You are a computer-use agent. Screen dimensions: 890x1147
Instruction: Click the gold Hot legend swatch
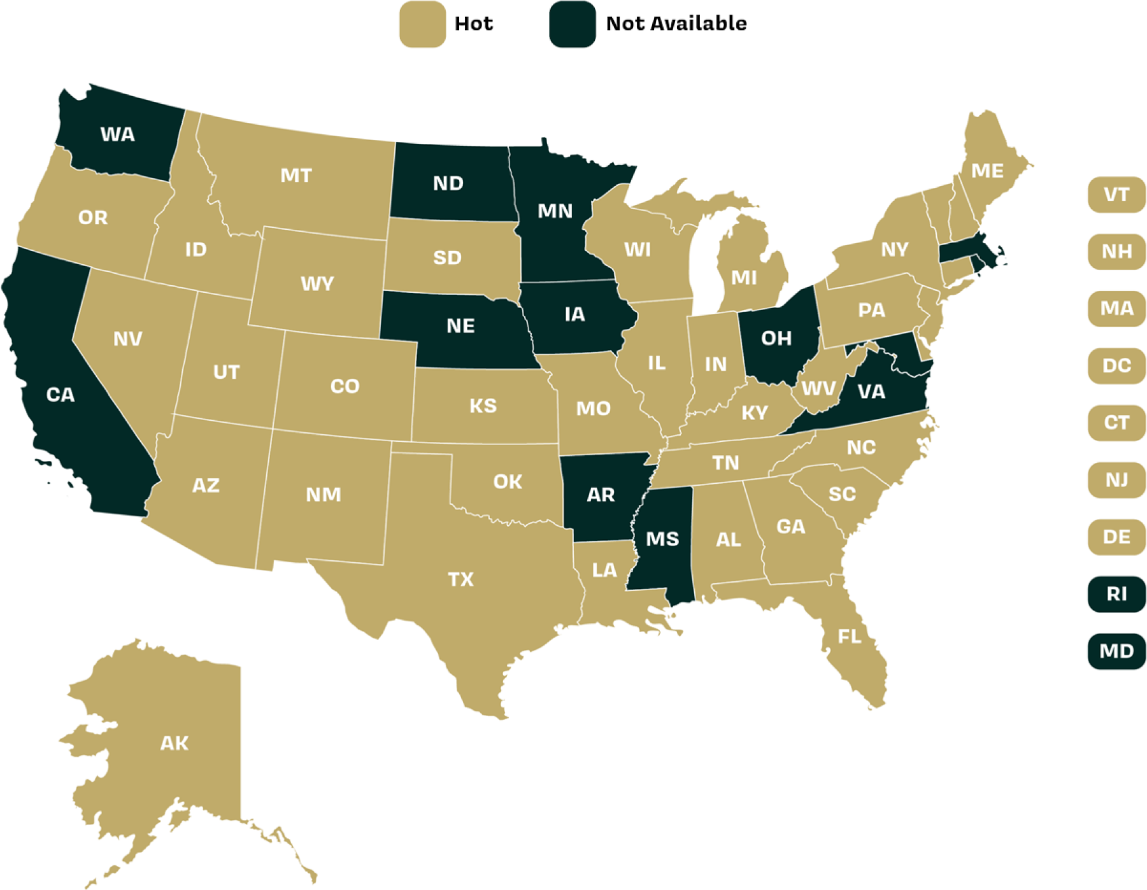tap(422, 24)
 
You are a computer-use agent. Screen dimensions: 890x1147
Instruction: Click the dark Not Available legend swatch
tap(572, 24)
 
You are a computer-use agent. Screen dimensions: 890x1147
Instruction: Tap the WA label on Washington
tap(118, 134)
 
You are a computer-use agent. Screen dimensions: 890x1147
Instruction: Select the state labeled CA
tap(61, 395)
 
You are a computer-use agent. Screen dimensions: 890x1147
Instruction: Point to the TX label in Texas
tap(460, 579)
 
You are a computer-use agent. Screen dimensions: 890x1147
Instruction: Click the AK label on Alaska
tap(174, 743)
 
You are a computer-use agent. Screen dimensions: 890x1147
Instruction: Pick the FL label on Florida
tap(850, 636)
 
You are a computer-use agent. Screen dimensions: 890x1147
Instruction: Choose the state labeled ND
tap(448, 183)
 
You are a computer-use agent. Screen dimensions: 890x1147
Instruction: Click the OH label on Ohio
tap(776, 338)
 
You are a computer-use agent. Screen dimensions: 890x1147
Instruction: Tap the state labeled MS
tap(662, 539)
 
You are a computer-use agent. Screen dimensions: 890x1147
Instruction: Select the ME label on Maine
tap(987, 171)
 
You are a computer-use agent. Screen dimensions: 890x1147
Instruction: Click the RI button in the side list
tap(1116, 594)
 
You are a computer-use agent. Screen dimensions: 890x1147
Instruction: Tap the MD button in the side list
tap(1116, 651)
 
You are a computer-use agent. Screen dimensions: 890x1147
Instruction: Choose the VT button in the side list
tap(1116, 194)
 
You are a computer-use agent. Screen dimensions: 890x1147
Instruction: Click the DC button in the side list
tap(1116, 365)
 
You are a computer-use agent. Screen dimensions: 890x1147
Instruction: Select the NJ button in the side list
tap(1116, 479)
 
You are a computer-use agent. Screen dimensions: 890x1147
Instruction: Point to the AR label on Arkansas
tap(601, 495)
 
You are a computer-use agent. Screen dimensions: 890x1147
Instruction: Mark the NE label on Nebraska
tap(460, 326)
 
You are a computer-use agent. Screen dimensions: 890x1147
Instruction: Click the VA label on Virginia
tap(871, 392)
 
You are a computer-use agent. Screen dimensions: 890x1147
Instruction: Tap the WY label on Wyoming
tap(317, 283)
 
